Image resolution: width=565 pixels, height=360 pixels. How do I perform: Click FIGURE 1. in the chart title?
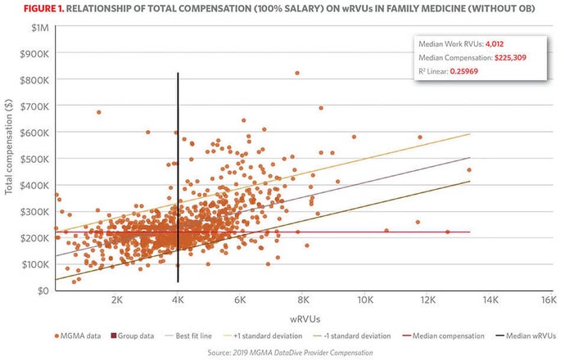[x=30, y=9]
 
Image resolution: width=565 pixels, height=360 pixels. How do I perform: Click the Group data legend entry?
[x=140, y=335]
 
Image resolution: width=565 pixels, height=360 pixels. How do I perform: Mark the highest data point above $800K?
[x=297, y=73]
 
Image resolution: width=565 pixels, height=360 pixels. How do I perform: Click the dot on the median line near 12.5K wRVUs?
[x=447, y=232]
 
